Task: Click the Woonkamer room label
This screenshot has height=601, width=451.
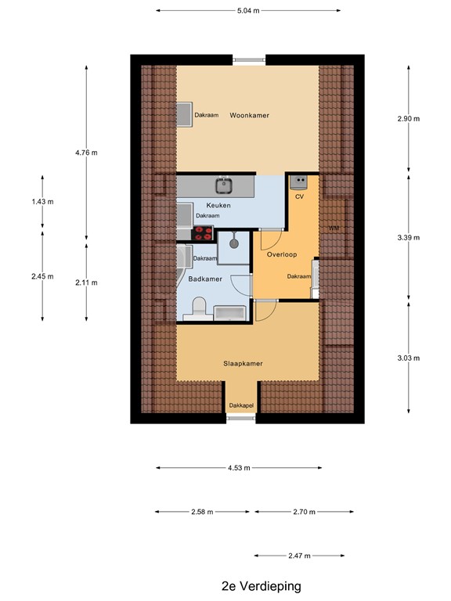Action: [x=249, y=115]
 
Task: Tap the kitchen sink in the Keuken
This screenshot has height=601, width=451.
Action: [x=225, y=185]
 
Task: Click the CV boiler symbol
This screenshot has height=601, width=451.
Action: [x=299, y=182]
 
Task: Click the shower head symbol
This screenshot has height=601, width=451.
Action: [x=233, y=243]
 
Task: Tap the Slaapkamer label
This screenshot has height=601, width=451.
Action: [x=243, y=363]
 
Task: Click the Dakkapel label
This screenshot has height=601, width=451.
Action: [x=241, y=405]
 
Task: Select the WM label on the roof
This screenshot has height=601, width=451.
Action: [x=334, y=228]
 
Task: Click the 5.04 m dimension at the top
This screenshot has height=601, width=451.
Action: [x=248, y=11]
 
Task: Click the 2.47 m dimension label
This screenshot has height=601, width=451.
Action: [x=300, y=556]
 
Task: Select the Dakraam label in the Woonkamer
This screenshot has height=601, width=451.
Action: [x=206, y=115]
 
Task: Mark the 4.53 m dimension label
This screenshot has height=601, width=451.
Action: [x=239, y=468]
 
